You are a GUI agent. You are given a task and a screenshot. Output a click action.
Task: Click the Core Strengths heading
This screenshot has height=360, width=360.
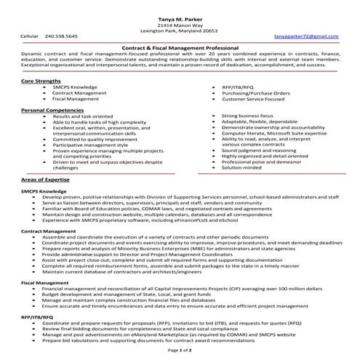tap(41, 81)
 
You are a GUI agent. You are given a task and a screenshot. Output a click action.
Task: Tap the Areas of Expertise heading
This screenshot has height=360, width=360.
tap(45, 178)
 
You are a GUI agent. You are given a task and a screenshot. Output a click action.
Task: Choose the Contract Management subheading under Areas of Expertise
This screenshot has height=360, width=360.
tap(48, 231)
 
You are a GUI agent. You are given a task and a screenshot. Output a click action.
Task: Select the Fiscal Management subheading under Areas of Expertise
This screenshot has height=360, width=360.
tap(42, 281)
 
